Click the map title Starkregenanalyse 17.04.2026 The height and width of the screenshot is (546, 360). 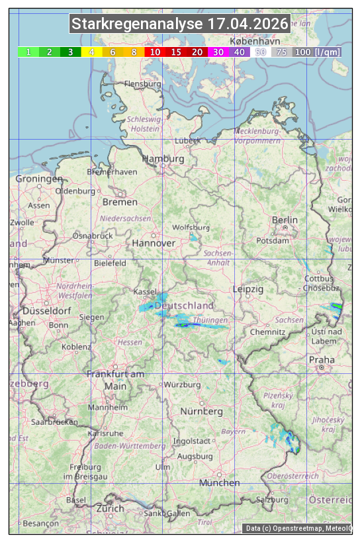coord(180,24)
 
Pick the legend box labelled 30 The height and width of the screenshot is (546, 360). coord(218,52)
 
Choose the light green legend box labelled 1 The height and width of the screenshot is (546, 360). coord(28,52)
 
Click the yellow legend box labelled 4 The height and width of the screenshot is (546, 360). coord(92,52)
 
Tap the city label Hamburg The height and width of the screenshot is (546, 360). coord(163,159)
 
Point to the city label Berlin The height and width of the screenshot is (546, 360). coord(285,220)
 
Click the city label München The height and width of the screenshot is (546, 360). coord(220,483)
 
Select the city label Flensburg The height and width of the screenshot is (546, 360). coord(142,85)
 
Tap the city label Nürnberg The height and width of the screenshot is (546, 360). coord(201,412)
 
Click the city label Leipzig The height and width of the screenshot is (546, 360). coord(248,290)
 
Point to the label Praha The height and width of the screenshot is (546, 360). coord(322,360)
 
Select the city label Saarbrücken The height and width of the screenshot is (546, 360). coord(54,421)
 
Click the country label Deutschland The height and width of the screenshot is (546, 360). coord(183,306)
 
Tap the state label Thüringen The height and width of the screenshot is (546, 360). coord(210,320)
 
